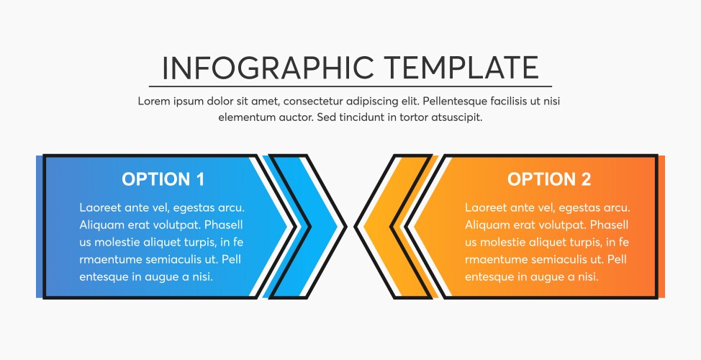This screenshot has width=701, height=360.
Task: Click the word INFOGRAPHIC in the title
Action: pos(267,68)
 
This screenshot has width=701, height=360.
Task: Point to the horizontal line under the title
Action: pos(350,86)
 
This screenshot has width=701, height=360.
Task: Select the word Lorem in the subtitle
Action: pos(153,102)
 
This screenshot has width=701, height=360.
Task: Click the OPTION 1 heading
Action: pos(163,179)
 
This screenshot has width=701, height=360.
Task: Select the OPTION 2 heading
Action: pos(548,179)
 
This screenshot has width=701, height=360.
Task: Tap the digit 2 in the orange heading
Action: pos(585,179)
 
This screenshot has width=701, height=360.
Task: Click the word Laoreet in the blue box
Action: pos(100,207)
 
